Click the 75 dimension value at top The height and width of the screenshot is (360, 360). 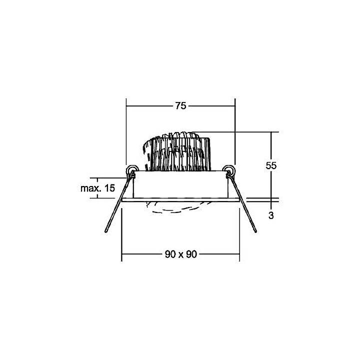(x=180, y=105)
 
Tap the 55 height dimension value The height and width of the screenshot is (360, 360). (x=271, y=165)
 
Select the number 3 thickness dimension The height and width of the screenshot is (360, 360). (x=271, y=216)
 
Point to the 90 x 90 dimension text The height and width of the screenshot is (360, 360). (x=180, y=254)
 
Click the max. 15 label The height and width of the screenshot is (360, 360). (x=97, y=188)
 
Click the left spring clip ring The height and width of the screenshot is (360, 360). (x=131, y=170)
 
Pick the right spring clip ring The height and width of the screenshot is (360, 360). (x=228, y=170)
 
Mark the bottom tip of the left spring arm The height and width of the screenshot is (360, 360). (x=106, y=231)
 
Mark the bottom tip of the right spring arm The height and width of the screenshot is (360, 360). (x=255, y=231)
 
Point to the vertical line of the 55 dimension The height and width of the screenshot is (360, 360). (x=271, y=145)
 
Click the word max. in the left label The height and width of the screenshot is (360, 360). (x=90, y=188)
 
